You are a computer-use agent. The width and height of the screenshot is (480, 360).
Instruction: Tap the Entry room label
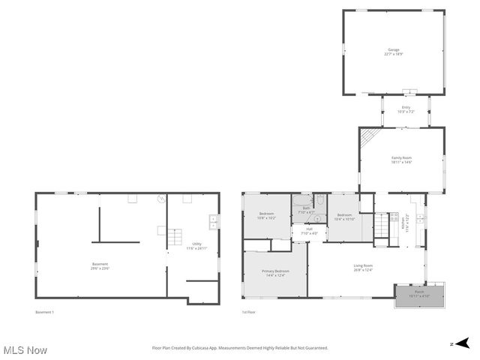pos(406,109)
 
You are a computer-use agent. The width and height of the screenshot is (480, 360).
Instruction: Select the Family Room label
pos(401,159)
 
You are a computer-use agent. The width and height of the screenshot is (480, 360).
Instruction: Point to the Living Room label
pos(364,267)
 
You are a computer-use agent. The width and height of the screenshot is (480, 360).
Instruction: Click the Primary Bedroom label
pos(276,272)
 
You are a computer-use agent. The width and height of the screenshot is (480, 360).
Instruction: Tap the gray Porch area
pos(419,295)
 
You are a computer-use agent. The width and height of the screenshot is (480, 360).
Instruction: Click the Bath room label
pos(306,211)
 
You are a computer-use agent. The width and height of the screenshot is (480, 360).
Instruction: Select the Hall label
pos(309,231)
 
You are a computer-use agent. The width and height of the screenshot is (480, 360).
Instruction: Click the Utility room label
pos(196,245)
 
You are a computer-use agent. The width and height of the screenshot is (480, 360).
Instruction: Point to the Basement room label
pos(100,265)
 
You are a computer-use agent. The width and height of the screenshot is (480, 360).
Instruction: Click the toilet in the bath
pos(320,200)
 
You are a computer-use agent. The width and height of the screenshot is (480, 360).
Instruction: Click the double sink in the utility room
pos(214,221)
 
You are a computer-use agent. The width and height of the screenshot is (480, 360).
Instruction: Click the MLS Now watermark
pos(25,350)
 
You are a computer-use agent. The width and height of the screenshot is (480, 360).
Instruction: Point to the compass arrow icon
pos(462,343)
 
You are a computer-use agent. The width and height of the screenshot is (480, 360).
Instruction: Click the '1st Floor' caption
pos(249,311)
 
